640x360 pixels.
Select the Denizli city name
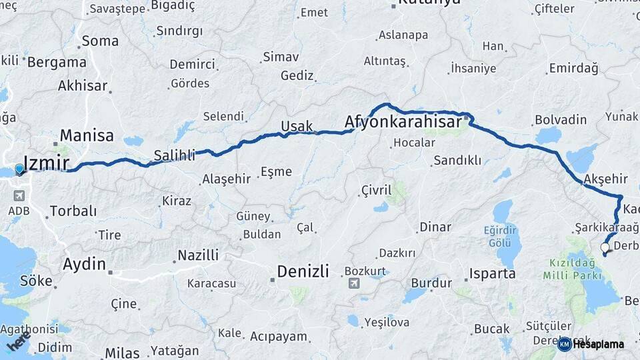(x=303, y=271)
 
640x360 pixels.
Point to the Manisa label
(x=87, y=136)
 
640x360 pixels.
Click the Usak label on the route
(x=297, y=127)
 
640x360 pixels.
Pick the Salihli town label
(x=175, y=155)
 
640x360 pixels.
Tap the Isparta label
(x=492, y=273)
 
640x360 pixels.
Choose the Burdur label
(x=427, y=283)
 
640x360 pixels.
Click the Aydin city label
(x=84, y=264)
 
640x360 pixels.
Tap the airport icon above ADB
(x=18, y=196)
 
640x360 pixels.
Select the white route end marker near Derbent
(x=605, y=247)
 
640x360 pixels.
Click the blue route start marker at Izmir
(x=19, y=169)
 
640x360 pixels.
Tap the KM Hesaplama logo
(x=591, y=344)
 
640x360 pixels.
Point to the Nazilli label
(x=198, y=255)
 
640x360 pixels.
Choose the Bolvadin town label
(x=560, y=120)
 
